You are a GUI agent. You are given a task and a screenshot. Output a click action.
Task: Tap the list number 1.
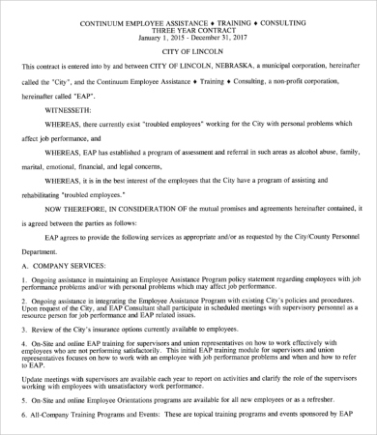23,306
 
